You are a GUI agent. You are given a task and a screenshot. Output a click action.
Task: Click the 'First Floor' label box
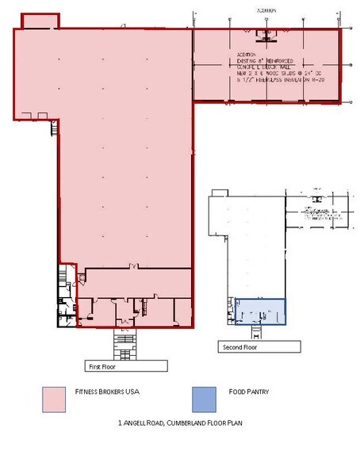click(126, 365)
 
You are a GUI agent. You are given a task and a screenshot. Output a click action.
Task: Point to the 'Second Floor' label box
click(252, 346)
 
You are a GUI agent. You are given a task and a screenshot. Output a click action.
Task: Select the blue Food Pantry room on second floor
click(260, 311)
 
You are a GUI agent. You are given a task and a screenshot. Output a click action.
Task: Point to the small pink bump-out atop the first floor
click(38, 20)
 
